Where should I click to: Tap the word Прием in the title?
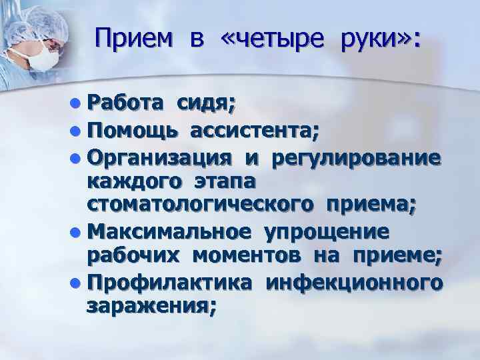133,39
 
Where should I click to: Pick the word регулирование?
355,159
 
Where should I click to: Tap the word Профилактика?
169,283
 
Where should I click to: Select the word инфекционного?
353,283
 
